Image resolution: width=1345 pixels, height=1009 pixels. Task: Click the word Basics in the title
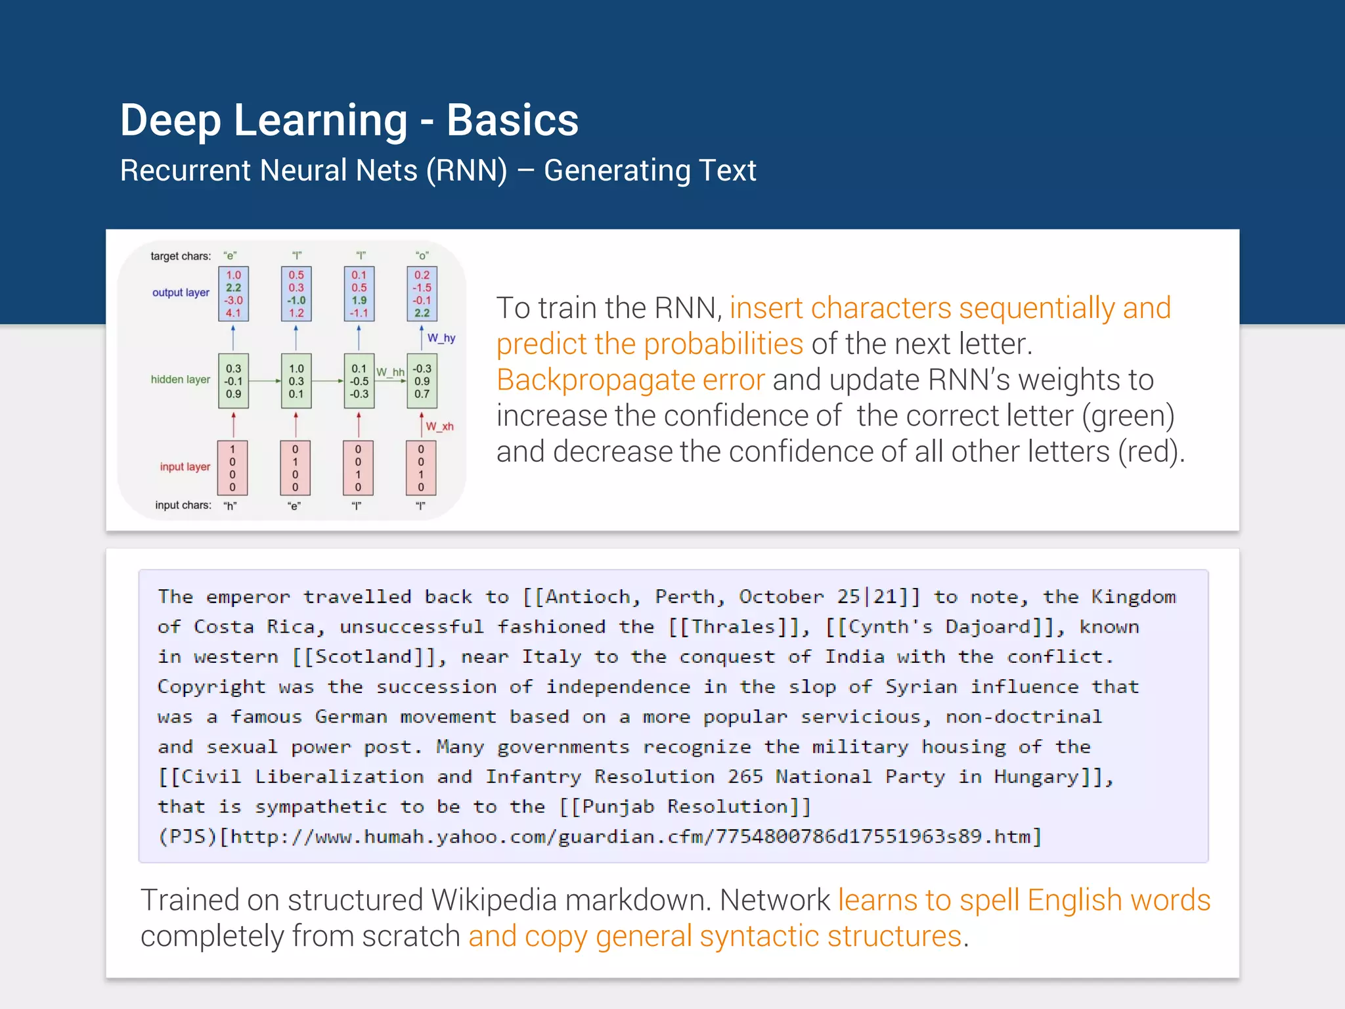click(512, 121)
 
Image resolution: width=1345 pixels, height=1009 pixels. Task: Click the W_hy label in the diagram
click(441, 338)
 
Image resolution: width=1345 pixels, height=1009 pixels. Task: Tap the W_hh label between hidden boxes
click(390, 372)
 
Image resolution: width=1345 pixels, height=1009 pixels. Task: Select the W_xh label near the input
click(439, 426)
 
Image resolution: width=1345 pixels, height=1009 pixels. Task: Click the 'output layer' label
click(181, 292)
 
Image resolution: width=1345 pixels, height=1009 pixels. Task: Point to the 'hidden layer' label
click(181, 380)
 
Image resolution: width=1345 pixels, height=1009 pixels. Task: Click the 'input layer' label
click(185, 466)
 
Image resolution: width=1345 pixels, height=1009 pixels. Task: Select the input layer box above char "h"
click(232, 468)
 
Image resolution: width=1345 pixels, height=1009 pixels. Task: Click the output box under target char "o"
click(422, 294)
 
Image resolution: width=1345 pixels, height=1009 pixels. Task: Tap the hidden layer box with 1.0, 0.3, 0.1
click(296, 381)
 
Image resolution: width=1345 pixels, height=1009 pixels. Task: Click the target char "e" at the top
click(230, 256)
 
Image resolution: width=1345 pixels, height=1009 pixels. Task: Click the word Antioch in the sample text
click(588, 596)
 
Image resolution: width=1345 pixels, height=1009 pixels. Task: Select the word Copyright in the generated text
click(211, 687)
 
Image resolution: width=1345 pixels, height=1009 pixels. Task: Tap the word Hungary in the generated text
click(1036, 777)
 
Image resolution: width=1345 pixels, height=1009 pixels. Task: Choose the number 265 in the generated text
click(745, 777)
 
